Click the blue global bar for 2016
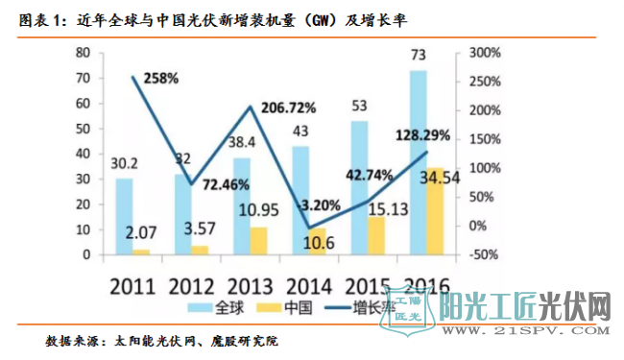(x=419, y=163)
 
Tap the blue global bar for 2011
(x=124, y=217)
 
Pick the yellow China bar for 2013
(x=259, y=241)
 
